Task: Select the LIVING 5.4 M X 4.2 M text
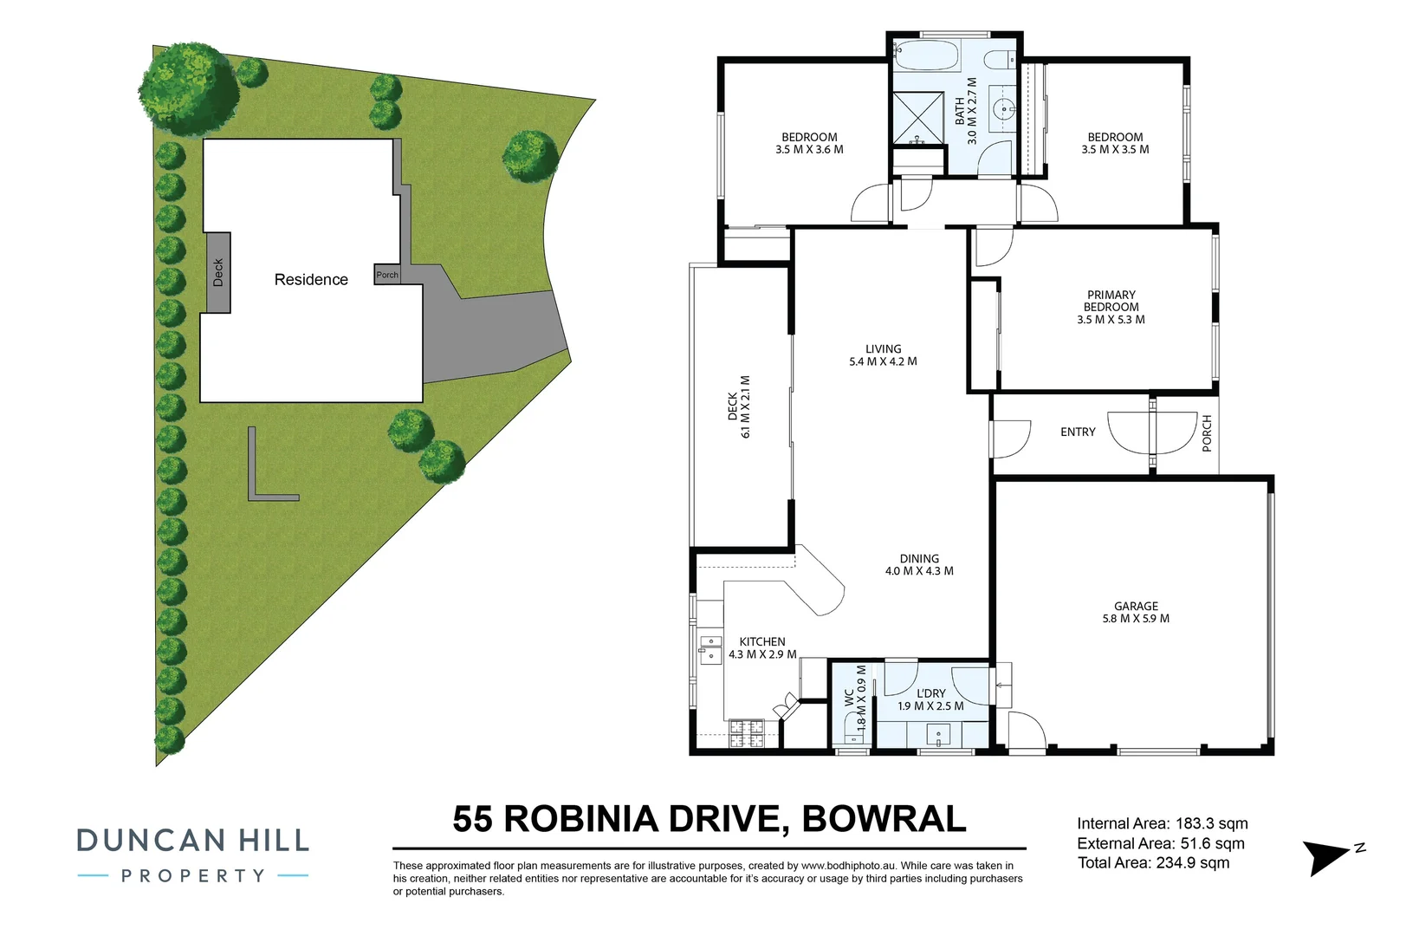(x=883, y=355)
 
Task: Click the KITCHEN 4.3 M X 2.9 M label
(x=762, y=648)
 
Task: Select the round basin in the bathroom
(x=1004, y=109)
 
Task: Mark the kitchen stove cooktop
(x=747, y=733)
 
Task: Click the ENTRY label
(x=1078, y=432)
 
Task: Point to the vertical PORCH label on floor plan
(x=1207, y=433)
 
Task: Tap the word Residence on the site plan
(x=311, y=280)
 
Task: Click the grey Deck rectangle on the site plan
(x=217, y=272)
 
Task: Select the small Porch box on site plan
(x=387, y=275)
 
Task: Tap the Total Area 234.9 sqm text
(x=1153, y=862)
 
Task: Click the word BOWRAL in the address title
(x=884, y=819)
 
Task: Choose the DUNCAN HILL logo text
(x=192, y=840)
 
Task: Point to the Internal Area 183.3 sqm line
(x=1162, y=823)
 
